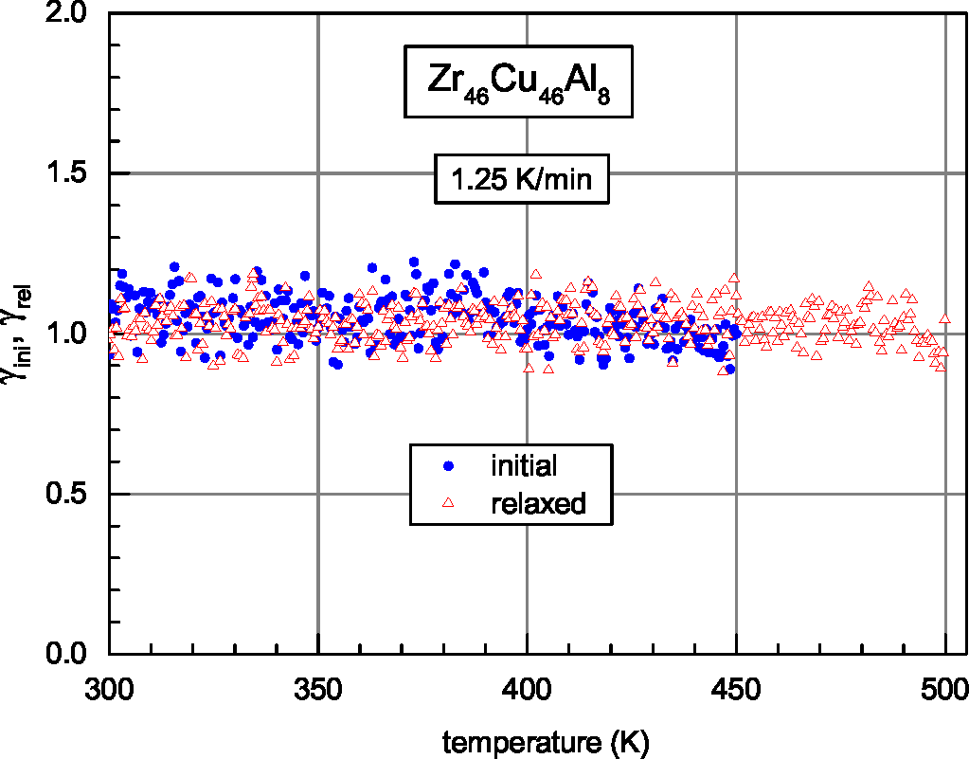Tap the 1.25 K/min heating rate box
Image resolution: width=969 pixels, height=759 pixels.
click(x=520, y=179)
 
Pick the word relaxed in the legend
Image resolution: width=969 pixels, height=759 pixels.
click(x=539, y=503)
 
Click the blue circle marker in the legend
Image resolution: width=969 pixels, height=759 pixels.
click(x=449, y=465)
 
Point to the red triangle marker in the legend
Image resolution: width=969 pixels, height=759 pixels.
click(x=449, y=503)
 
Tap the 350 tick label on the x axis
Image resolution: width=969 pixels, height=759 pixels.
click(x=318, y=687)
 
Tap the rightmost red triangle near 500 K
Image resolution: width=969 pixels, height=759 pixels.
click(x=944, y=319)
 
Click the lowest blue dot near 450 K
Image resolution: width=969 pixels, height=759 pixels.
click(x=728, y=369)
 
